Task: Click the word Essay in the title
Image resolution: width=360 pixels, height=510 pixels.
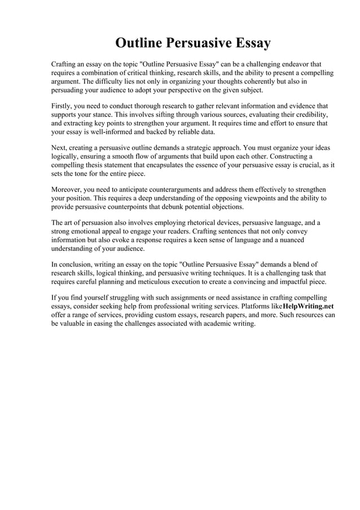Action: click(247, 43)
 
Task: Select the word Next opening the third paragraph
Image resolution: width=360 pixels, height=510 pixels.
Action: click(60, 147)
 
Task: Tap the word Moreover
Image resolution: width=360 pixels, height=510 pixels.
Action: click(68, 189)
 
